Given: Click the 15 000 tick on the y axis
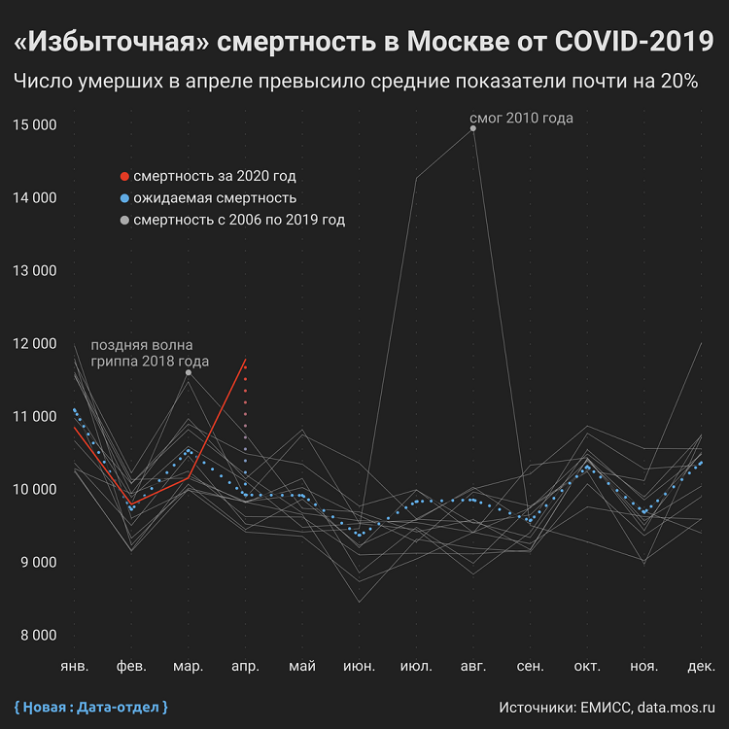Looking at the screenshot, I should pyautogui.click(x=35, y=125).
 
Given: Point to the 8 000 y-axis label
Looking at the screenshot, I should pyautogui.click(x=35, y=636).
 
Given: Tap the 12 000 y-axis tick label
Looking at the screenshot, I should pyautogui.click(x=35, y=344).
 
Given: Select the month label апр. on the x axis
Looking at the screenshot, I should pyautogui.click(x=245, y=667).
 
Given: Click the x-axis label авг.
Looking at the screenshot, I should pyautogui.click(x=472, y=667).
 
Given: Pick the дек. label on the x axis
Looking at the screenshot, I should pyautogui.click(x=701, y=667).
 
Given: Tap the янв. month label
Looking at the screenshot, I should pyautogui.click(x=74, y=667).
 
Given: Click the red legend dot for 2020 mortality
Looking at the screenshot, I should pyautogui.click(x=123, y=177).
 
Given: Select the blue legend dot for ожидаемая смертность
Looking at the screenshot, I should pyautogui.click(x=123, y=198).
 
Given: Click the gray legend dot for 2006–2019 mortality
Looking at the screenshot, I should pyautogui.click(x=123, y=221).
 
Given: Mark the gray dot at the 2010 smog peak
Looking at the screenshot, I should pyautogui.click(x=473, y=127).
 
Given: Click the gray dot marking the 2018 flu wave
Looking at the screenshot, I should pyautogui.click(x=188, y=372).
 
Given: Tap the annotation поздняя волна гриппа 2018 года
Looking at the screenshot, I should pyautogui.click(x=142, y=354).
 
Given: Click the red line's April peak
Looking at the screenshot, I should pyautogui.click(x=245, y=360).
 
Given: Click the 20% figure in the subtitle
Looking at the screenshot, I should pyautogui.click(x=678, y=82).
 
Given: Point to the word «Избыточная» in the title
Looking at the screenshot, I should pyautogui.click(x=112, y=42).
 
